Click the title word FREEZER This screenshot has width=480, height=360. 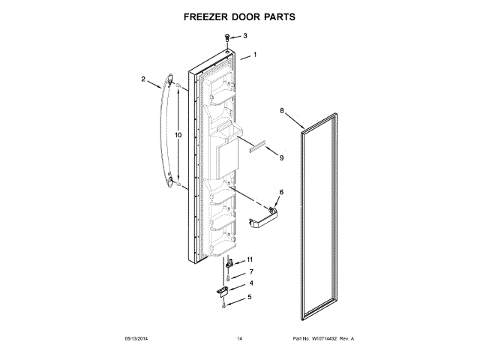click(x=207, y=15)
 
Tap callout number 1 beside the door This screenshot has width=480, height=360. click(x=255, y=55)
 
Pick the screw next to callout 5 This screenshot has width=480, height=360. click(x=223, y=303)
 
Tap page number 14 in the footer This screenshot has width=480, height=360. click(x=239, y=340)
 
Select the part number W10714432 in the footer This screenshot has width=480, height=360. click(x=324, y=340)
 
